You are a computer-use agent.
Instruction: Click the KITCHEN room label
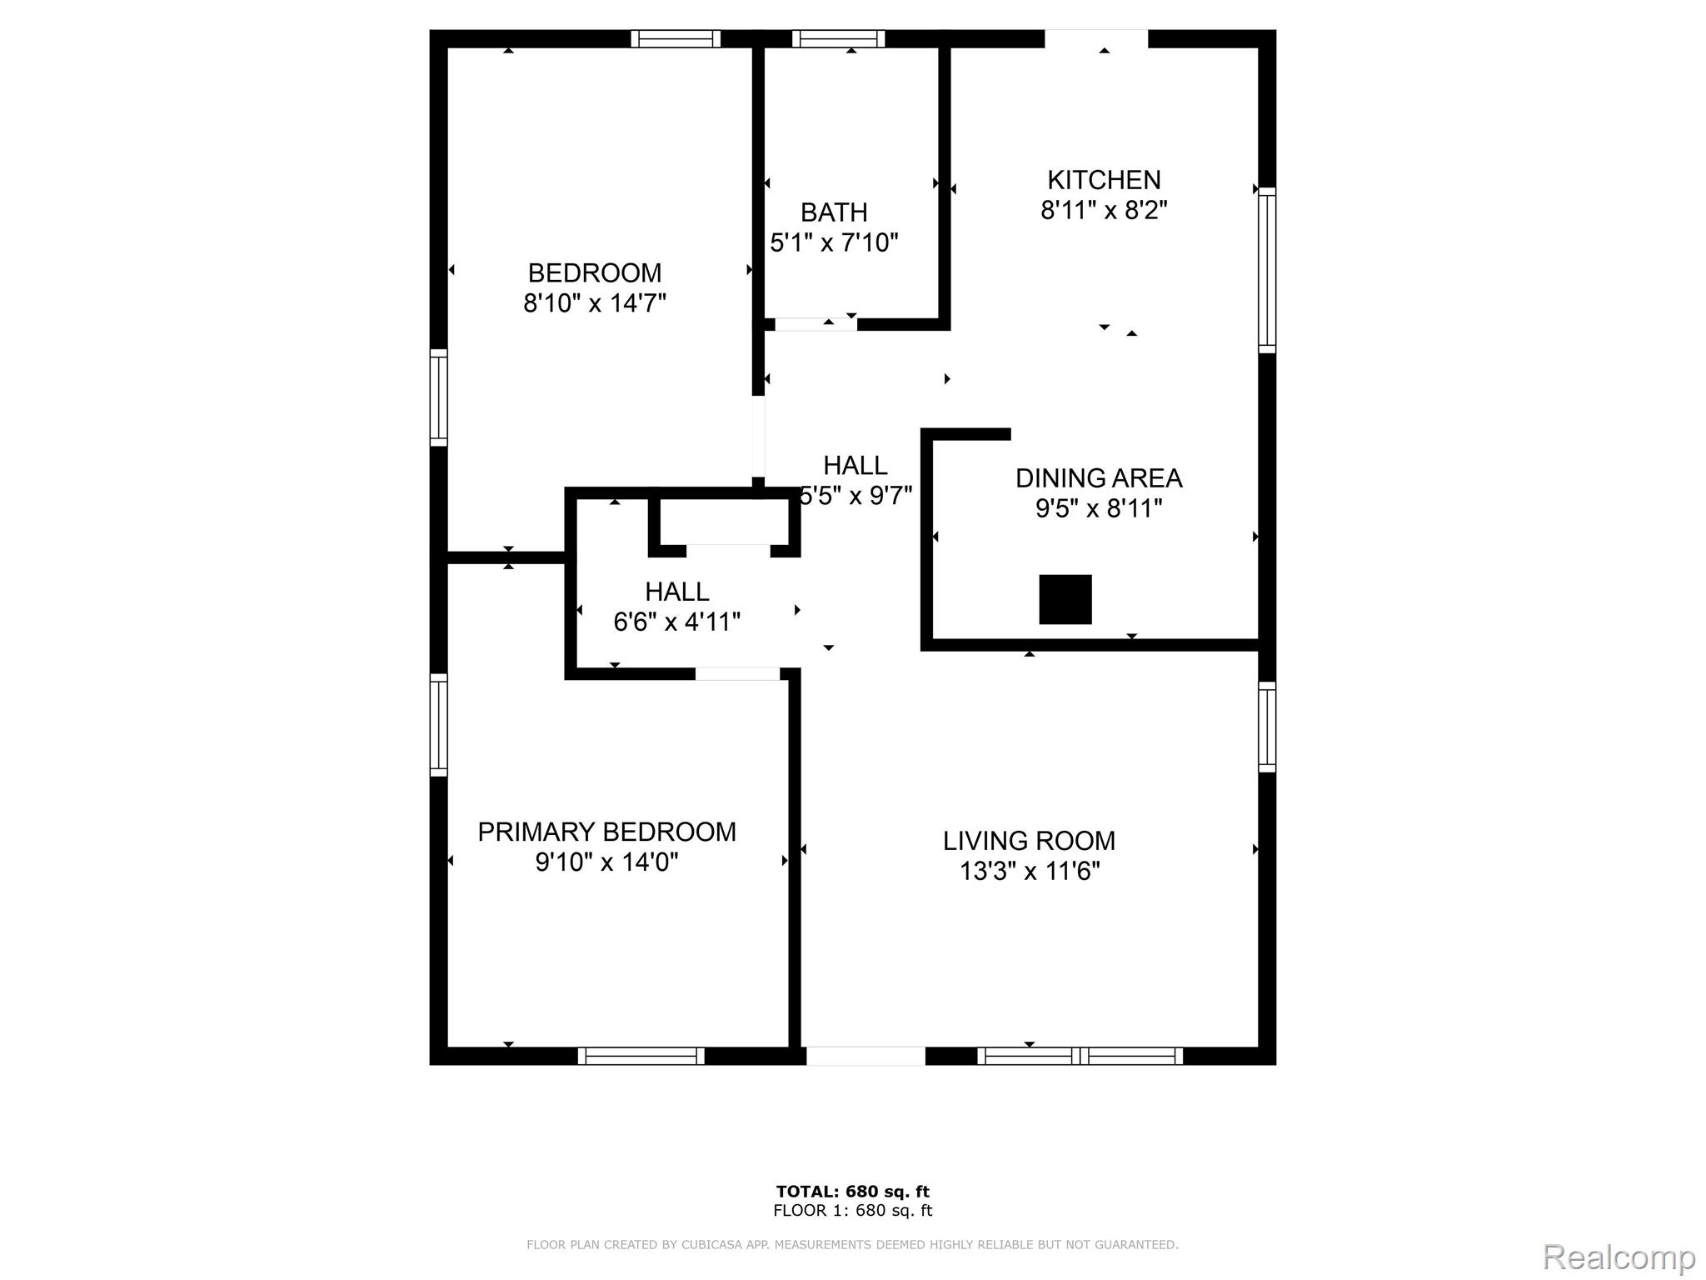[x=1104, y=180]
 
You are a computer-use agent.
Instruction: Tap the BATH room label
[x=834, y=212]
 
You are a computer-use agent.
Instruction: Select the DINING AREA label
[x=1099, y=478]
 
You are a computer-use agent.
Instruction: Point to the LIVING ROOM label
[x=1029, y=841]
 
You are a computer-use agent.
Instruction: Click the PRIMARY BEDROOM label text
[x=606, y=832]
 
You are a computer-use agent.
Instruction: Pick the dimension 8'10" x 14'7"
[x=595, y=302]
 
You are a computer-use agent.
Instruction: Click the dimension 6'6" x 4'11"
[x=676, y=622]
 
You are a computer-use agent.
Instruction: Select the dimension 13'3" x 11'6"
[x=1030, y=872]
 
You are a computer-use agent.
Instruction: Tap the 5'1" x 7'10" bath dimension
[x=834, y=242]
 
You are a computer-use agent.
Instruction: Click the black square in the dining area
[x=1065, y=599]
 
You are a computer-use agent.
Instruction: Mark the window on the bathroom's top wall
[x=838, y=38]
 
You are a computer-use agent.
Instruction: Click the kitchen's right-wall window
[x=1267, y=270]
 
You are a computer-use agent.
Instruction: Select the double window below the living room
[x=1080, y=1056]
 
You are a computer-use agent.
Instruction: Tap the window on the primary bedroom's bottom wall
[x=641, y=1056]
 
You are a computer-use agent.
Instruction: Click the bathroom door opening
[x=816, y=324]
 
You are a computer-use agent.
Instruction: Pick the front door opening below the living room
[x=865, y=1056]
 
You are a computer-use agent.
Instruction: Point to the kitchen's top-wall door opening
[x=1096, y=38]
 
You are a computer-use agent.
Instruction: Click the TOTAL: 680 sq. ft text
[x=852, y=1191]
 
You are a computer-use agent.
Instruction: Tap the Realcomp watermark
[x=1619, y=1256]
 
